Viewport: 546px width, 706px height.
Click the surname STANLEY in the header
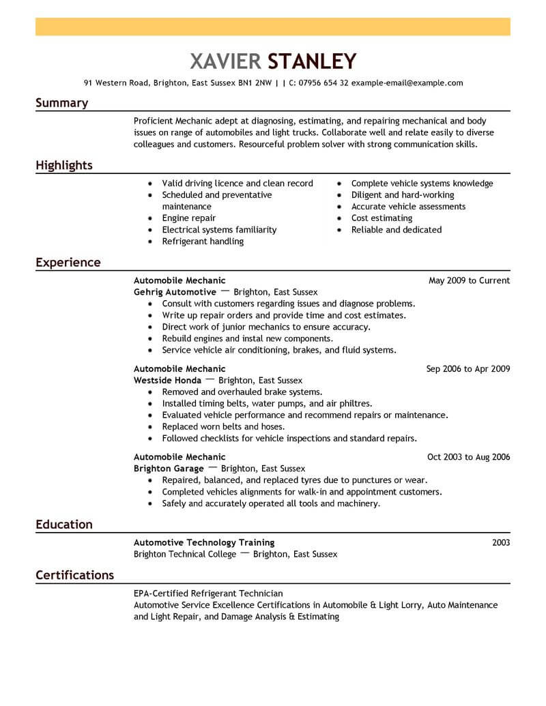[312, 61]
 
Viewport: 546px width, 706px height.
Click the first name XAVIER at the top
[226, 61]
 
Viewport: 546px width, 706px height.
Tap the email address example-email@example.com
[407, 83]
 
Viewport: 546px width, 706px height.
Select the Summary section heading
[61, 103]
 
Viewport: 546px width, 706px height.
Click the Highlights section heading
[63, 166]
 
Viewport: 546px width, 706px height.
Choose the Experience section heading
[68, 263]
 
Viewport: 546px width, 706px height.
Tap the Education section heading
[63, 525]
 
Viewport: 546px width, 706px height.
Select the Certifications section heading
[74, 575]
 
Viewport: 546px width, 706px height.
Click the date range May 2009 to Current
[469, 280]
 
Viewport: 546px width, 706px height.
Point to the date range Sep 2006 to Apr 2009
[468, 369]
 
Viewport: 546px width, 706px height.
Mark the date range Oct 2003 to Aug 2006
[468, 457]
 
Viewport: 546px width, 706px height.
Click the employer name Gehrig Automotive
[175, 292]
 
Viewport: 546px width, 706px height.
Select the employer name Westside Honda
[167, 381]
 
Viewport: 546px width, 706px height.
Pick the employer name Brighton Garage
[169, 469]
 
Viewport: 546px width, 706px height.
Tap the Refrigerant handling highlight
[202, 241]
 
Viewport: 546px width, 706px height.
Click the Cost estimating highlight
[382, 218]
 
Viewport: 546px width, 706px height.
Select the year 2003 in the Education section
[500, 543]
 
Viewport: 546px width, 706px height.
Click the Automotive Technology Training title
[204, 543]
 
